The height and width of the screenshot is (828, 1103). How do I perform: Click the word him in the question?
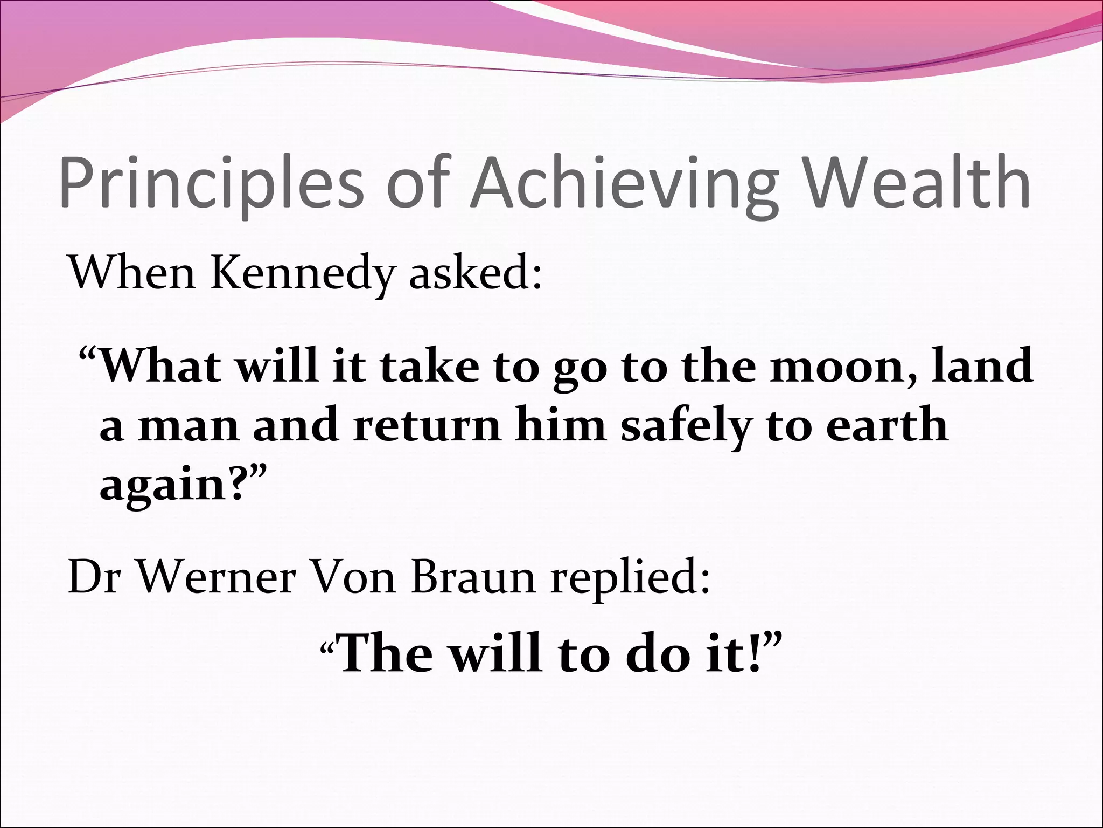point(560,426)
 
